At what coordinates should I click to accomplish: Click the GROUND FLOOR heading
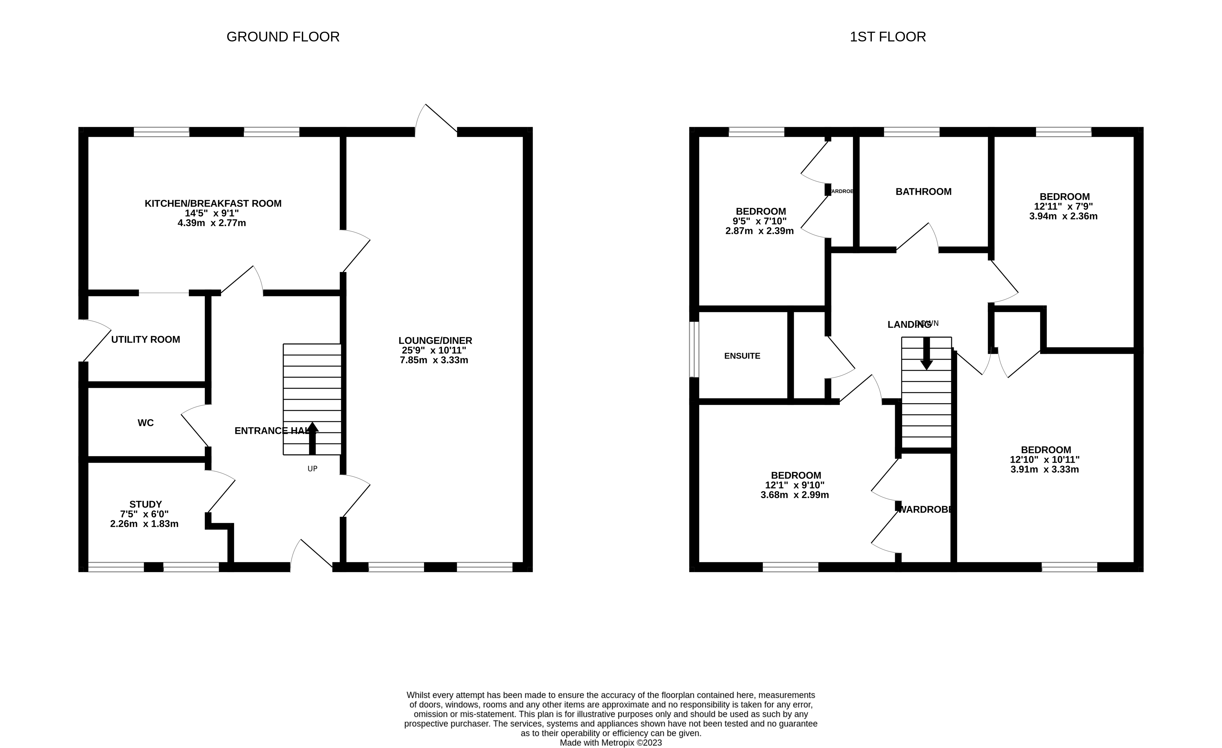283,37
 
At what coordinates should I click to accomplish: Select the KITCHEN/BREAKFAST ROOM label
213,203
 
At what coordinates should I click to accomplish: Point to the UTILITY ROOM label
145,340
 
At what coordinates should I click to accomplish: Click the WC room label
145,423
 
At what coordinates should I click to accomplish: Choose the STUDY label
145,504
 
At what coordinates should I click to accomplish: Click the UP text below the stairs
312,468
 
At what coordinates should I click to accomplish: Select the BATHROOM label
923,192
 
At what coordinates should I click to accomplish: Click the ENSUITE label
742,356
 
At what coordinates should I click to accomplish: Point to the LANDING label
908,325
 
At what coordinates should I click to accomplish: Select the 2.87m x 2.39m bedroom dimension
759,231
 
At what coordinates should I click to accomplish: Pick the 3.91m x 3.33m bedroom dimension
1044,469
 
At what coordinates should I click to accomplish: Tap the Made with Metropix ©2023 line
610,742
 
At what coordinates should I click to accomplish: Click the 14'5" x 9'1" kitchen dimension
212,213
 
